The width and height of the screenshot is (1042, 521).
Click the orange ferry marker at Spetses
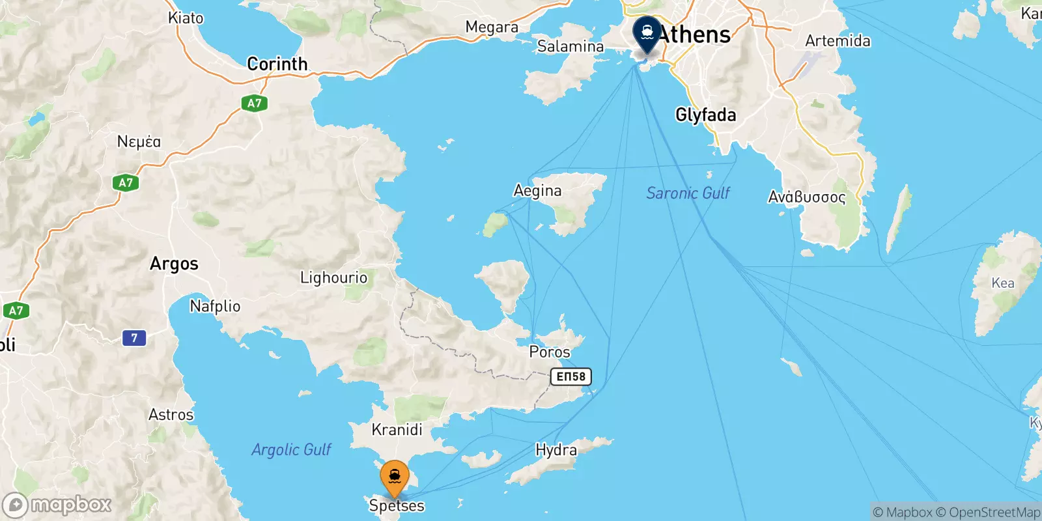tap(395, 479)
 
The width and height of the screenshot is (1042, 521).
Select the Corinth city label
tap(277, 64)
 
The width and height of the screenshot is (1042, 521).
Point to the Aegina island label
tap(537, 190)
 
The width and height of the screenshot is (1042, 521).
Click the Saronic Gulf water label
tap(688, 193)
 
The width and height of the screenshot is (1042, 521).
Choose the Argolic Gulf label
tap(291, 449)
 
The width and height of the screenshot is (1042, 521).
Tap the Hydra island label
tap(556, 450)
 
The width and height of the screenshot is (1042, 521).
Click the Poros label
tap(550, 352)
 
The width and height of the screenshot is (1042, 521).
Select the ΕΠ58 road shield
tap(571, 376)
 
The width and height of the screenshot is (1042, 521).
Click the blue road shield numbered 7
tap(134, 337)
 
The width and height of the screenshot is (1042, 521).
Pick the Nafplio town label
tap(215, 306)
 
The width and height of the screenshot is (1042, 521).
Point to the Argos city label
tap(174, 264)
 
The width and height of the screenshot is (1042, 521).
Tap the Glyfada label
tap(706, 115)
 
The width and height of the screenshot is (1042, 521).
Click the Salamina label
tap(570, 46)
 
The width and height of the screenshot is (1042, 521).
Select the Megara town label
tap(492, 27)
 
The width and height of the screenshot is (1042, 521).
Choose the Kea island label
tap(1003, 283)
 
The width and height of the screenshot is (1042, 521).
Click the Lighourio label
tap(333, 278)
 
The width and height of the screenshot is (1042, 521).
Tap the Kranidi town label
tap(397, 430)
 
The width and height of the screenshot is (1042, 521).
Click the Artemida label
tap(838, 41)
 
